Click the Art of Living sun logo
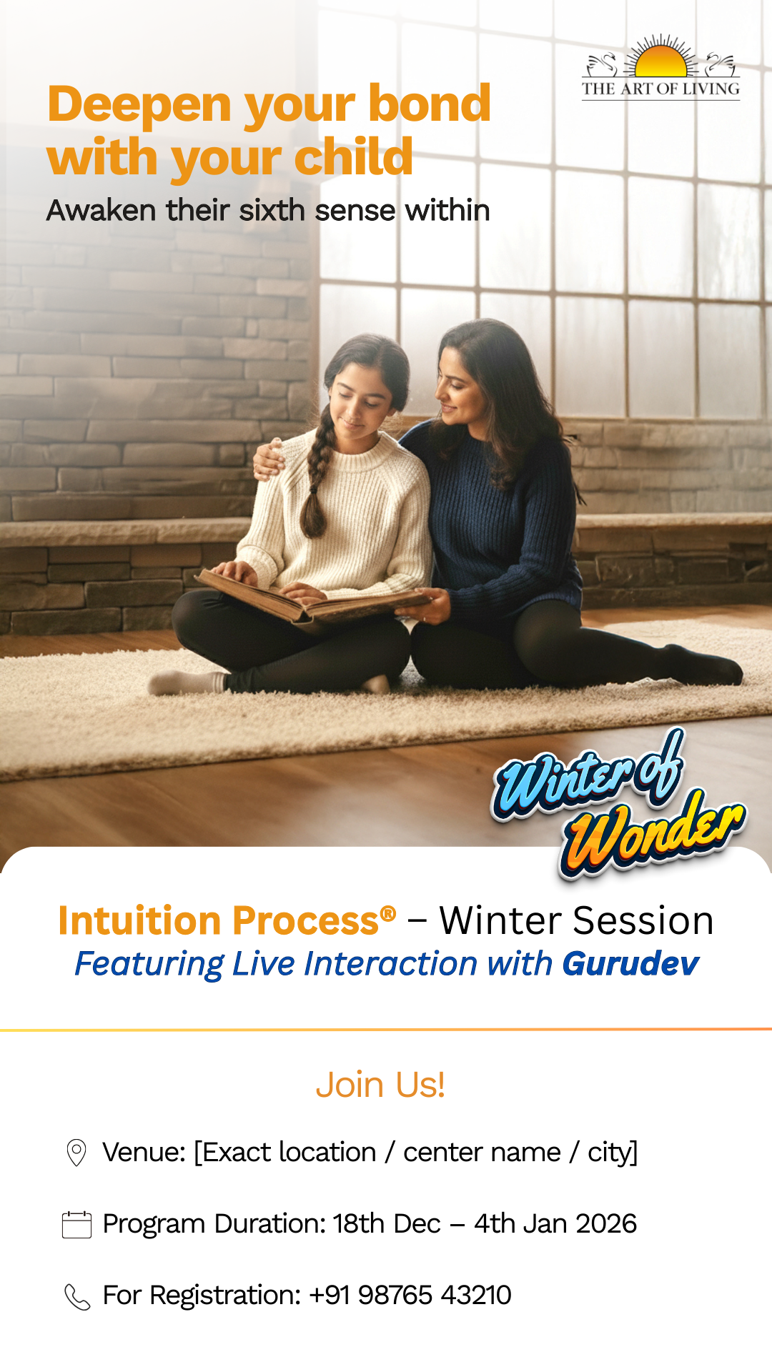[x=660, y=66]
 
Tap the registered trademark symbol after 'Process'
[x=388, y=913]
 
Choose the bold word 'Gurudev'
[x=630, y=963]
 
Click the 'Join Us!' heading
[x=380, y=1085]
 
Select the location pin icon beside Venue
[x=76, y=1153]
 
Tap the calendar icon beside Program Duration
[x=76, y=1224]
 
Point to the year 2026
[x=606, y=1223]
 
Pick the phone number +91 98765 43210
[x=410, y=1295]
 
